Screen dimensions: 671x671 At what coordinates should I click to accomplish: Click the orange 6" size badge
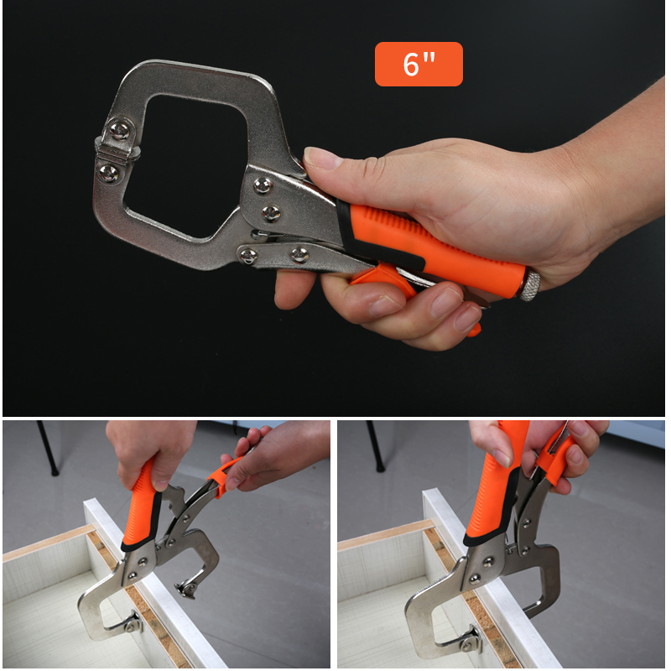[419, 65]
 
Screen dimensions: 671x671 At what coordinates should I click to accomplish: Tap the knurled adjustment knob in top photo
[529, 284]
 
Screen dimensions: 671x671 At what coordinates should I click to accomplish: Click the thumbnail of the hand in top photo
[320, 159]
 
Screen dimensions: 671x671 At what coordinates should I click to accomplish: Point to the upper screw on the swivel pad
[119, 130]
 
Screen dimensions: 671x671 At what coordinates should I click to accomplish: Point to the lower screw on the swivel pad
[108, 173]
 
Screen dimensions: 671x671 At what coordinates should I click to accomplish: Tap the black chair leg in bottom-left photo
[47, 447]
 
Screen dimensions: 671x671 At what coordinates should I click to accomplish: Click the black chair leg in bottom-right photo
[376, 446]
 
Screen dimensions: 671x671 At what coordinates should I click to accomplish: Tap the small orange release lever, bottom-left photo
[222, 476]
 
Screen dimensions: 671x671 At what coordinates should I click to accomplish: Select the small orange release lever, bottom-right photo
[554, 459]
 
